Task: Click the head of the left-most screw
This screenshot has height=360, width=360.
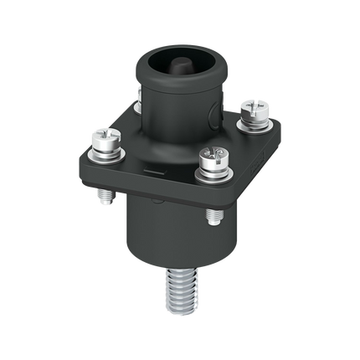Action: tap(105, 136)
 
